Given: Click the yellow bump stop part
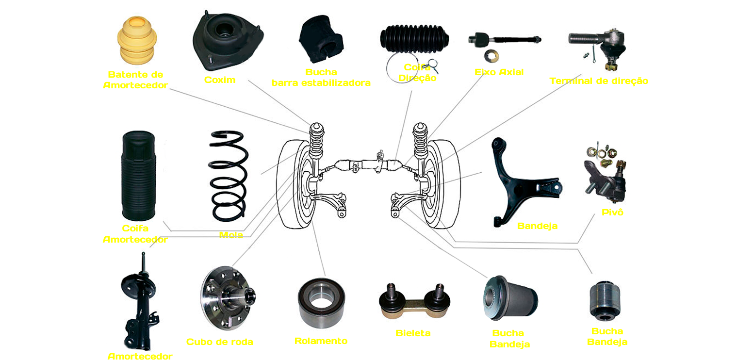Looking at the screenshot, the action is pyautogui.click(x=137, y=40).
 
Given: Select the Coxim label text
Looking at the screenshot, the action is pyautogui.click(x=220, y=80).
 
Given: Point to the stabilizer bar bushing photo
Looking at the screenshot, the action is pyautogui.click(x=321, y=39).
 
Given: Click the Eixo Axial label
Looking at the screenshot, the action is pyautogui.click(x=499, y=72).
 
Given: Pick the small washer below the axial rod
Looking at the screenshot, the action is pyautogui.click(x=491, y=55).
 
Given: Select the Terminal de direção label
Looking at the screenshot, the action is pyautogui.click(x=599, y=81).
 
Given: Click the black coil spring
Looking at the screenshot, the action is pyautogui.click(x=229, y=176).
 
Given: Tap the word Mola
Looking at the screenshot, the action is pyautogui.click(x=231, y=235).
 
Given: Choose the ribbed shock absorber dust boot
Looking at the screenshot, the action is pyautogui.click(x=138, y=176).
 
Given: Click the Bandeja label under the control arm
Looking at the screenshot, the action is pyautogui.click(x=537, y=226).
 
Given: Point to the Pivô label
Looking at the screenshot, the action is pyautogui.click(x=612, y=213).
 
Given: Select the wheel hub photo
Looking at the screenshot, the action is pyautogui.click(x=228, y=298).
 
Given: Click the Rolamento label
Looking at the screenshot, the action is pyautogui.click(x=321, y=341).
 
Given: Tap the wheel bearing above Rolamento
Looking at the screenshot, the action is pyautogui.click(x=321, y=303).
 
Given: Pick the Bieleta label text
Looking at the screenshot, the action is pyautogui.click(x=413, y=333).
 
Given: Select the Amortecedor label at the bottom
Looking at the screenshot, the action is pyautogui.click(x=140, y=357).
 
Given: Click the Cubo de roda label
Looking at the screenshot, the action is pyautogui.click(x=220, y=342).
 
